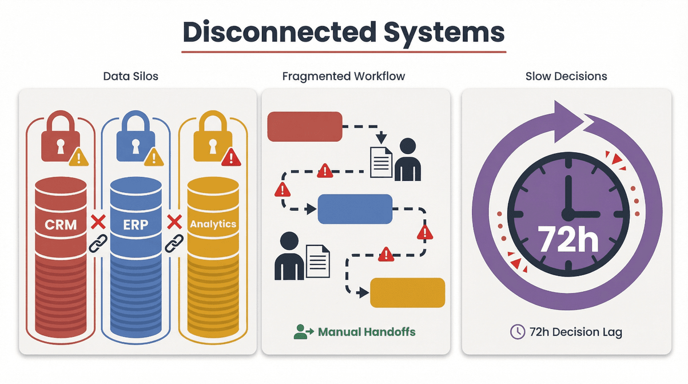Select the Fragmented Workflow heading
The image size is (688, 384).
(x=344, y=76)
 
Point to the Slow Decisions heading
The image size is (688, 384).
(x=566, y=76)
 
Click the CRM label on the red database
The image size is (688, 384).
(x=61, y=224)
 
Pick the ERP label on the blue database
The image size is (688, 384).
(x=136, y=224)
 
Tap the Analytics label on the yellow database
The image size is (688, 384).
(x=213, y=224)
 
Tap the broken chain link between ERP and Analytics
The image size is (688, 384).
(x=173, y=243)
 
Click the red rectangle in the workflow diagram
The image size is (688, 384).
(x=305, y=126)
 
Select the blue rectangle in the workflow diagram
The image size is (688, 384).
(x=355, y=209)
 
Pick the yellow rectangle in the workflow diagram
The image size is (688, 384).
(x=407, y=292)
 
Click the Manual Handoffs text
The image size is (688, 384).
(x=366, y=332)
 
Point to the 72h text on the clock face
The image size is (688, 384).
(x=567, y=240)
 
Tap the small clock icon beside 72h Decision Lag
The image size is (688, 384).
(x=517, y=332)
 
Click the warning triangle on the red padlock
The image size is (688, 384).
(x=78, y=156)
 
